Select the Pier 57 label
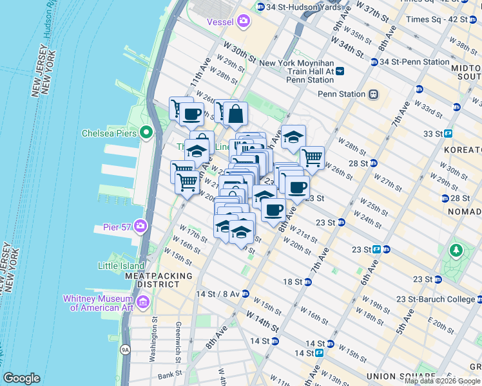116,226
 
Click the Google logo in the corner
22,378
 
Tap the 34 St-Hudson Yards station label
293,6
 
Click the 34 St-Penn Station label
414,62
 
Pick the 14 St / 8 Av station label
217,293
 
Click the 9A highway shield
126,349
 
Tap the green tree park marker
457,249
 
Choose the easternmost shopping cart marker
312,156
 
